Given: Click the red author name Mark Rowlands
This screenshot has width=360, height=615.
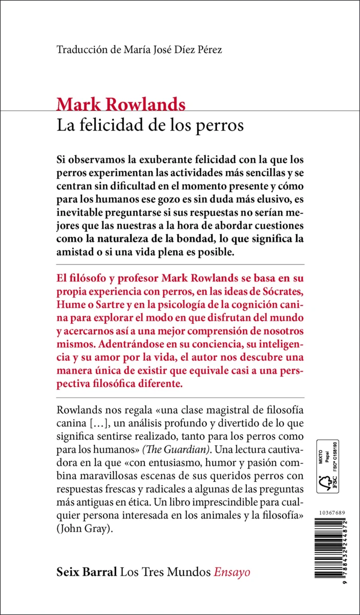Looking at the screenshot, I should [121, 105].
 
